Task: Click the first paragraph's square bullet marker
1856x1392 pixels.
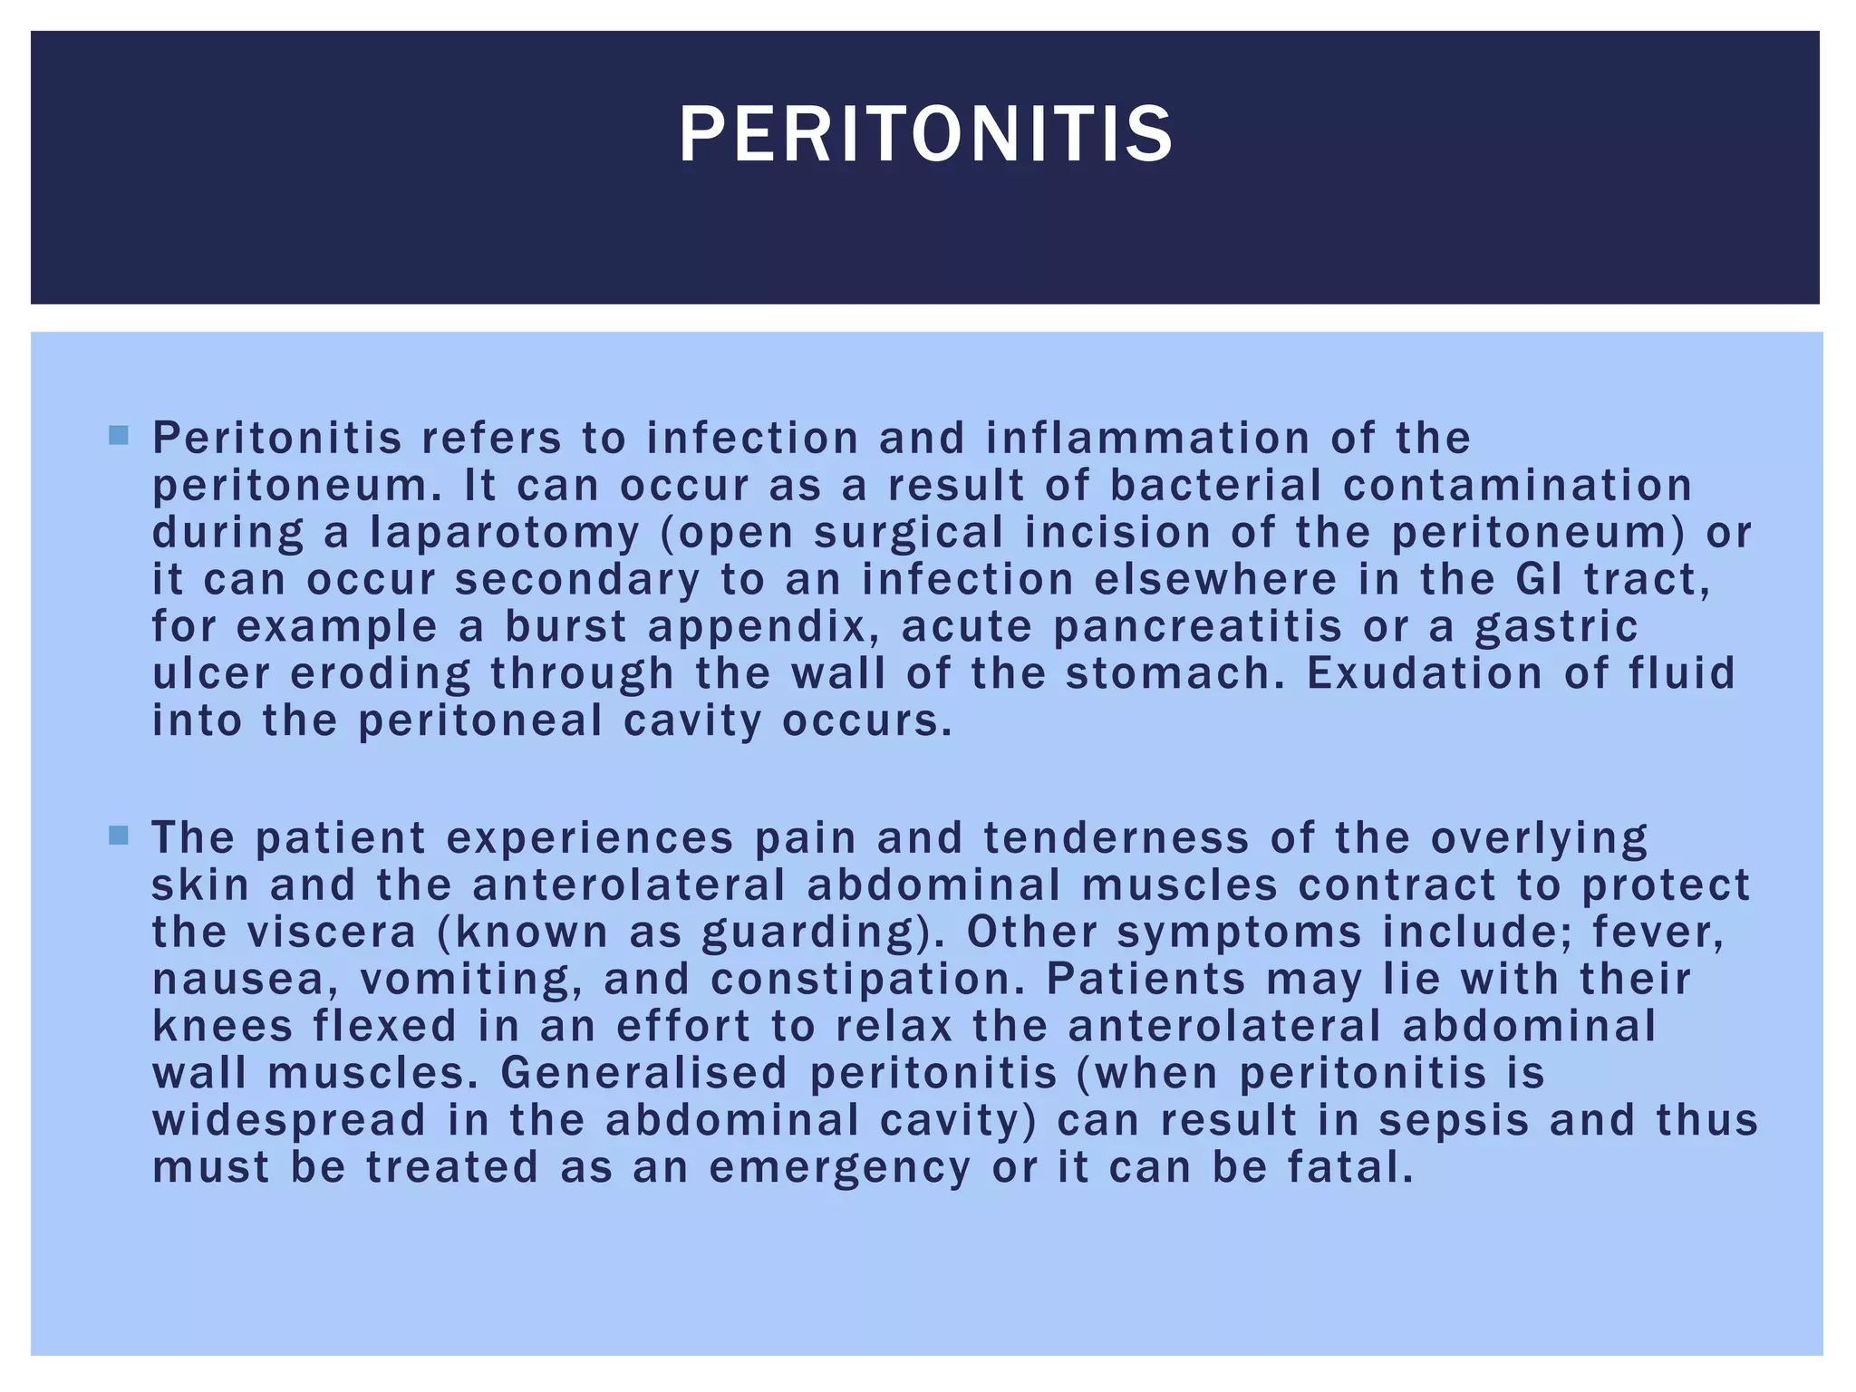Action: pos(118,436)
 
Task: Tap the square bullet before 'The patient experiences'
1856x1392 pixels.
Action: pos(118,835)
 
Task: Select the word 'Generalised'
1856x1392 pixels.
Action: pos(644,1074)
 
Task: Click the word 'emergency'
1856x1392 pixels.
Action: pos(839,1168)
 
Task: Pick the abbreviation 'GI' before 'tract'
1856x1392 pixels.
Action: pos(1539,580)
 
